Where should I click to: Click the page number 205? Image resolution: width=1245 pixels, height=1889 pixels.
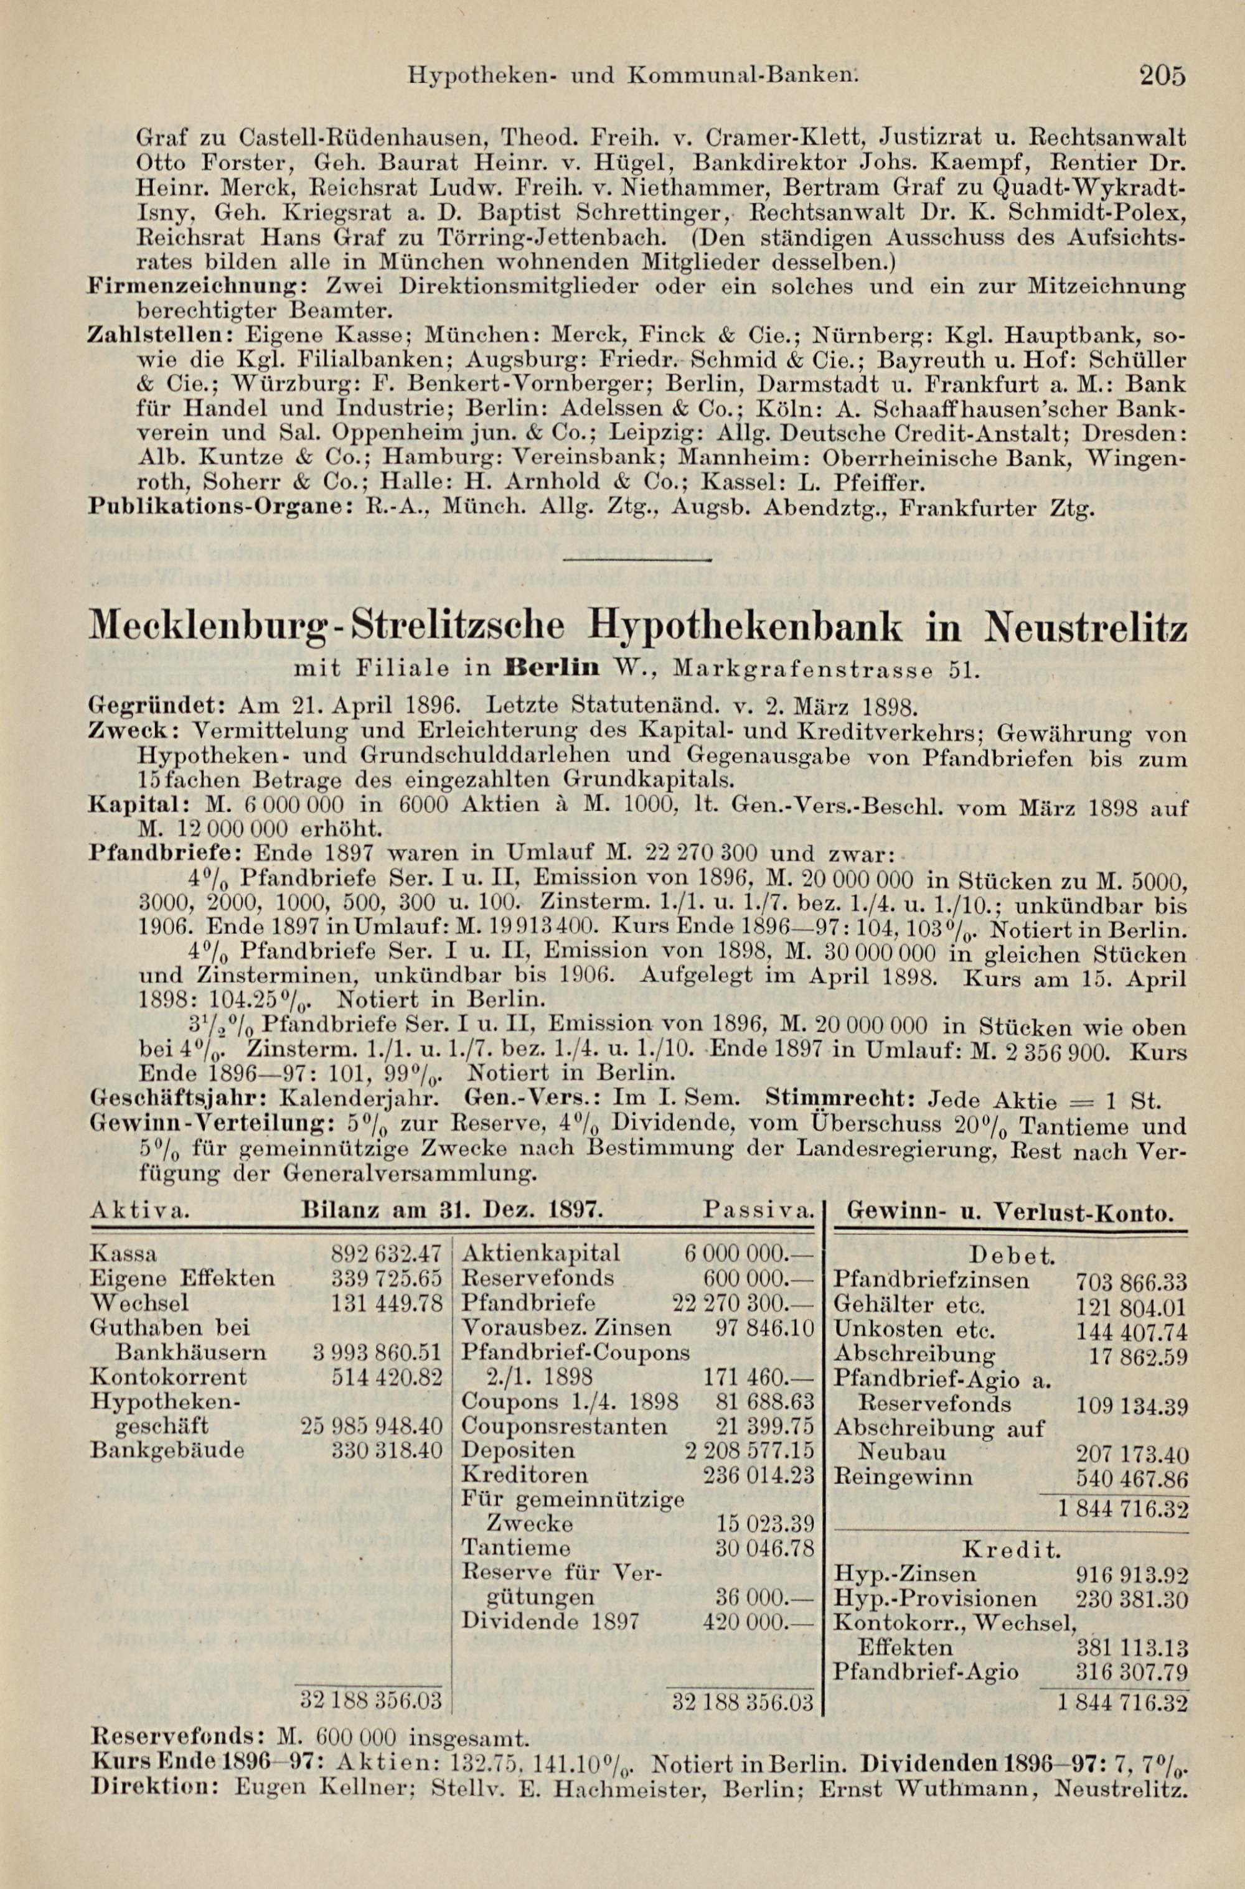[x=1162, y=75]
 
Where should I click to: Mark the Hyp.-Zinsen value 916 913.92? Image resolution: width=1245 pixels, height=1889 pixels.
[x=1130, y=1573]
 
